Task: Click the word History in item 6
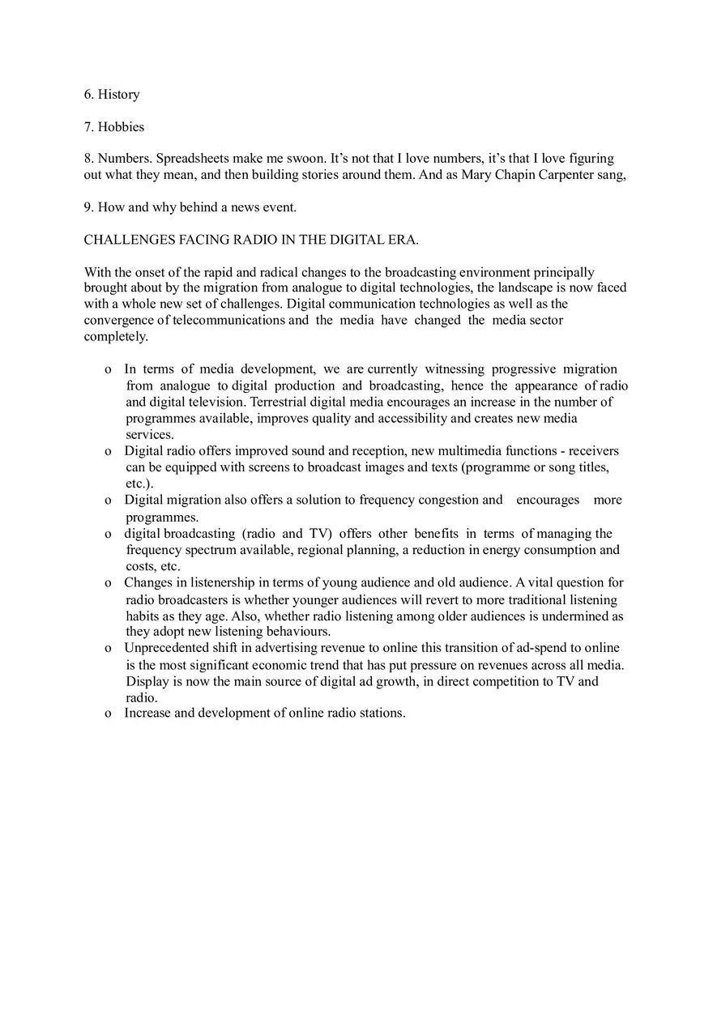(118, 95)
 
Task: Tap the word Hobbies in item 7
(121, 127)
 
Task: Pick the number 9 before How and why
(88, 207)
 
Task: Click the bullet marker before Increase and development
(108, 714)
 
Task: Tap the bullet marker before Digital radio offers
(108, 451)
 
